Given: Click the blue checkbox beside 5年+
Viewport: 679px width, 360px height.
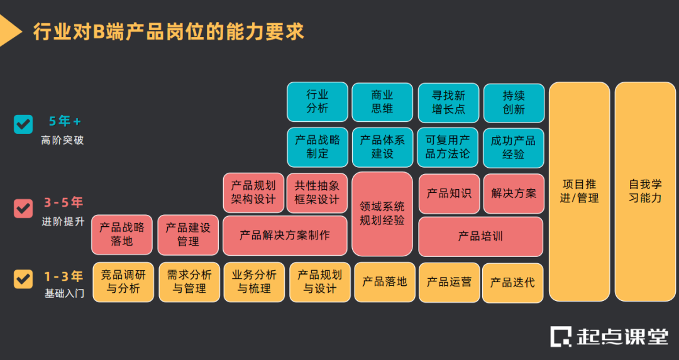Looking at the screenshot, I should click(x=23, y=124).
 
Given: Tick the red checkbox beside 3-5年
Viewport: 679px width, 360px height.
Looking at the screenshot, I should click(x=23, y=208).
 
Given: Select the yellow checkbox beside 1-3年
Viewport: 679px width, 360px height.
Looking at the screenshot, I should click(x=23, y=278).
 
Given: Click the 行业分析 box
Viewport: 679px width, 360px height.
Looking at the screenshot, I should click(x=317, y=102).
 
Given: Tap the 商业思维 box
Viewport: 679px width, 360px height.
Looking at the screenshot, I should click(x=382, y=102).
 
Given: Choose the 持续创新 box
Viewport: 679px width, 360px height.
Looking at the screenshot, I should click(x=514, y=102).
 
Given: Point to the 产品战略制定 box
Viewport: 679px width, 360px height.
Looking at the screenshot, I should click(x=317, y=147).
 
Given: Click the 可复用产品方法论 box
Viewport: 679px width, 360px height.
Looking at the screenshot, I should click(x=448, y=147).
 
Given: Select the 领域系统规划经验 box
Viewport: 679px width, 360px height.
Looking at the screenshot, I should click(x=382, y=214).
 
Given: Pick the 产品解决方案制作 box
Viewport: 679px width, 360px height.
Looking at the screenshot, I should click(x=285, y=236).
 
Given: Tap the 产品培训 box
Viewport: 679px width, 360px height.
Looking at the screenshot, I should click(x=480, y=236).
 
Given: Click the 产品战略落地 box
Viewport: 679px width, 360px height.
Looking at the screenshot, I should click(x=122, y=234).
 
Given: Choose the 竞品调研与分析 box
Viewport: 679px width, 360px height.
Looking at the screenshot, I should click(x=123, y=282).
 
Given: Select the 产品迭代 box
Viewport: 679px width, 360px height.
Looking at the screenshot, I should click(x=513, y=282).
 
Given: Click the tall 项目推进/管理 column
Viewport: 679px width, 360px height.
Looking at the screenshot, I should click(x=579, y=192).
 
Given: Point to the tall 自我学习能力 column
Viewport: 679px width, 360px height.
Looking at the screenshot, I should click(x=645, y=192).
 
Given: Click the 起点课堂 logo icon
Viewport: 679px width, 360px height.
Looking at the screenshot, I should click(x=561, y=337).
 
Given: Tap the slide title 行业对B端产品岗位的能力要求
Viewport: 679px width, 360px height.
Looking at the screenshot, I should click(x=168, y=31).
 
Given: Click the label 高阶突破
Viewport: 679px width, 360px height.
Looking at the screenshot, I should click(x=62, y=140).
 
